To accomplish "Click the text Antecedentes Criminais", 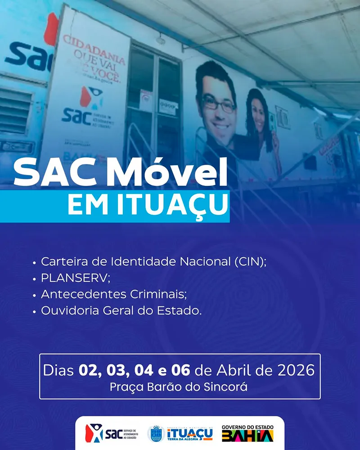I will (113, 294).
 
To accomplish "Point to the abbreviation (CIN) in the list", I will (250, 261).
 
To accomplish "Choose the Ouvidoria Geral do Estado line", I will (121, 310).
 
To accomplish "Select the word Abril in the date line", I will (233, 371).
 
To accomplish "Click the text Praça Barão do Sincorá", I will (179, 387).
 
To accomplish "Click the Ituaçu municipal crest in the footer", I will (156, 434).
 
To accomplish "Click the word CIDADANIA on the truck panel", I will (94, 46).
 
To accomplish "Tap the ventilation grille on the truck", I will (16, 108).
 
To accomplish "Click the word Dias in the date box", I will (59, 371).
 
